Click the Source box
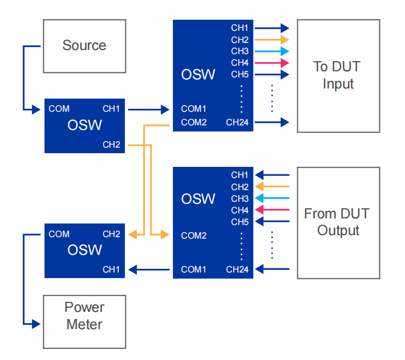coord(84,46)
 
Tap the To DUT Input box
coord(338,76)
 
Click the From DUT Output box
coord(338,222)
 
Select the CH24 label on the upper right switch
coord(237,122)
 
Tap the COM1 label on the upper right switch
coord(194,109)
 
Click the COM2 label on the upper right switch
coord(194,122)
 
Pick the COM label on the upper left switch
coord(59,109)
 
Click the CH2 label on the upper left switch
coord(111,145)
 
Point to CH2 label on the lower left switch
coord(111,234)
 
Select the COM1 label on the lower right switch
coord(194,269)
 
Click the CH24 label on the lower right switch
coord(237,269)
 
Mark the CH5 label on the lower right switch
coord(240,222)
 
